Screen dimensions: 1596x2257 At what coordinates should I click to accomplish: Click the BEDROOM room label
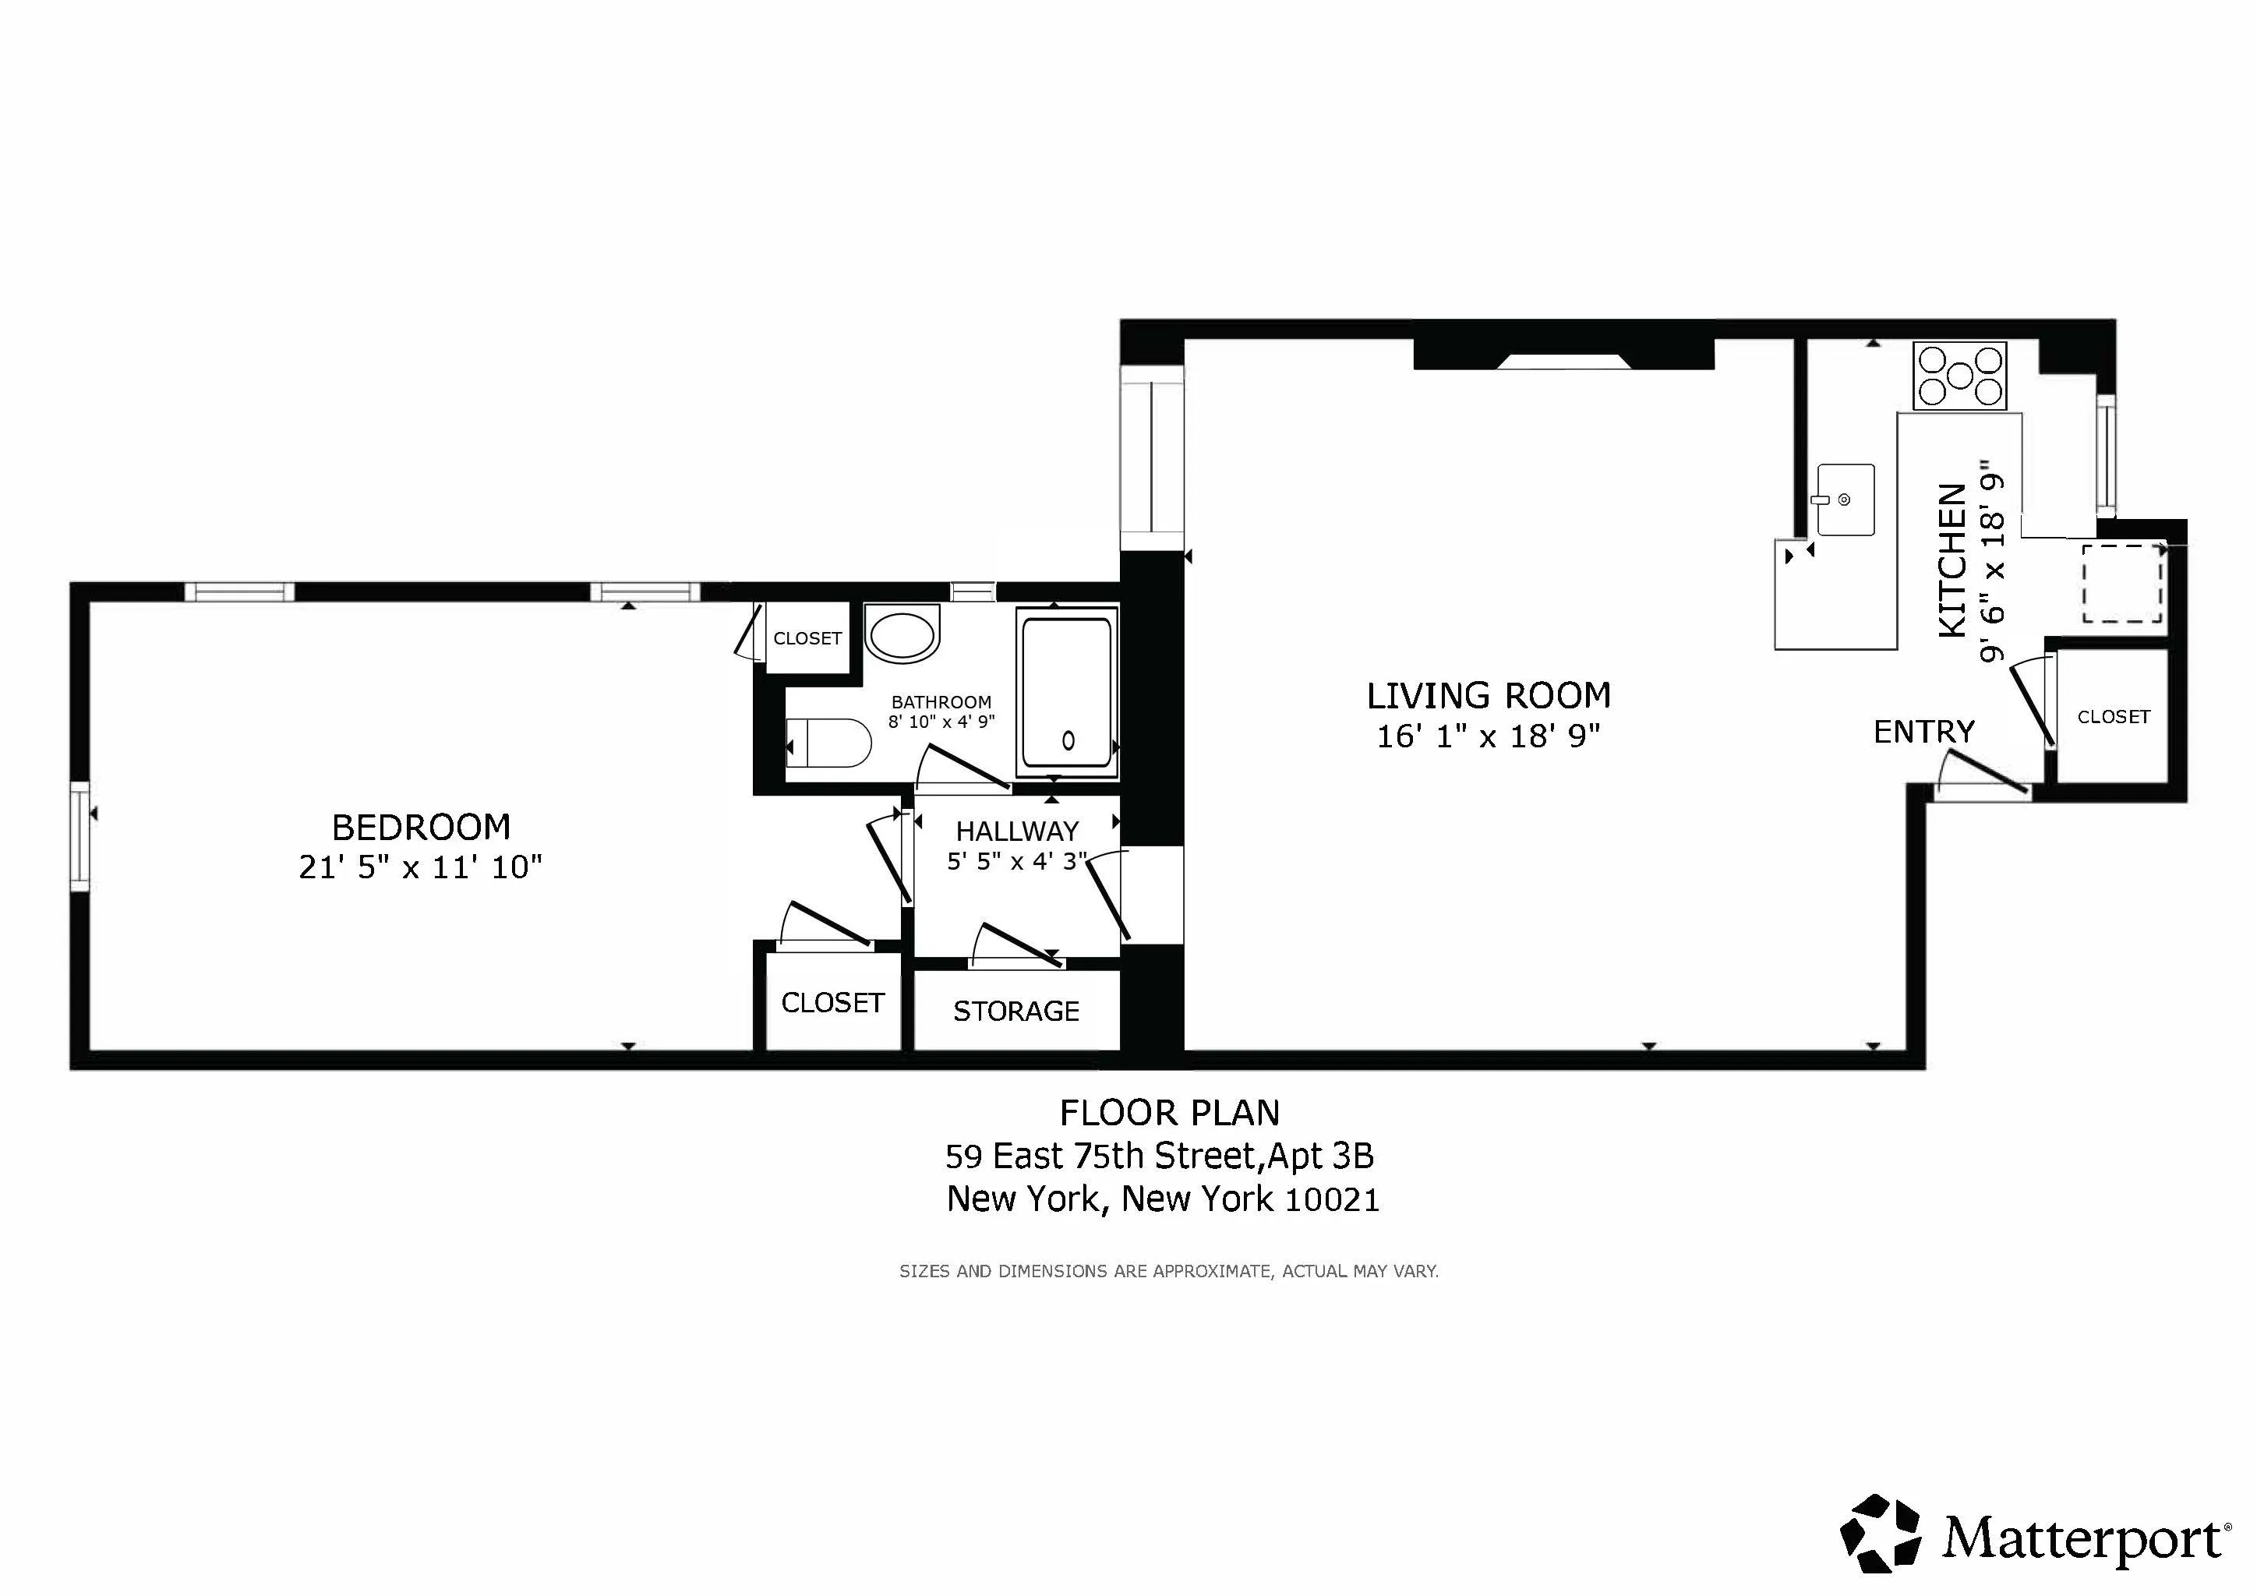421,828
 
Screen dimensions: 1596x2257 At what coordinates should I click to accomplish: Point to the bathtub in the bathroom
1067,693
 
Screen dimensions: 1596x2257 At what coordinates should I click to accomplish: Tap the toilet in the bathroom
831,743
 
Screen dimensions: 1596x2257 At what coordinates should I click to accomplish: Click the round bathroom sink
902,636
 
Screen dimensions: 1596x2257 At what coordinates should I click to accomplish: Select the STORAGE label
1015,1012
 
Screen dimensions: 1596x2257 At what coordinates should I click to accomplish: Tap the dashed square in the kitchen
2121,583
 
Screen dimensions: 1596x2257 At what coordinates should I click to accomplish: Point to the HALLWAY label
1016,832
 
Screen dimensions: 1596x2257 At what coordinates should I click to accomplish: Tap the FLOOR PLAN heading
1169,1114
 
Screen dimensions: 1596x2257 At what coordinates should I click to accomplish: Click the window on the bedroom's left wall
79,836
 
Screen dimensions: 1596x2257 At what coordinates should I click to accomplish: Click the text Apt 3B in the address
1320,1156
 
